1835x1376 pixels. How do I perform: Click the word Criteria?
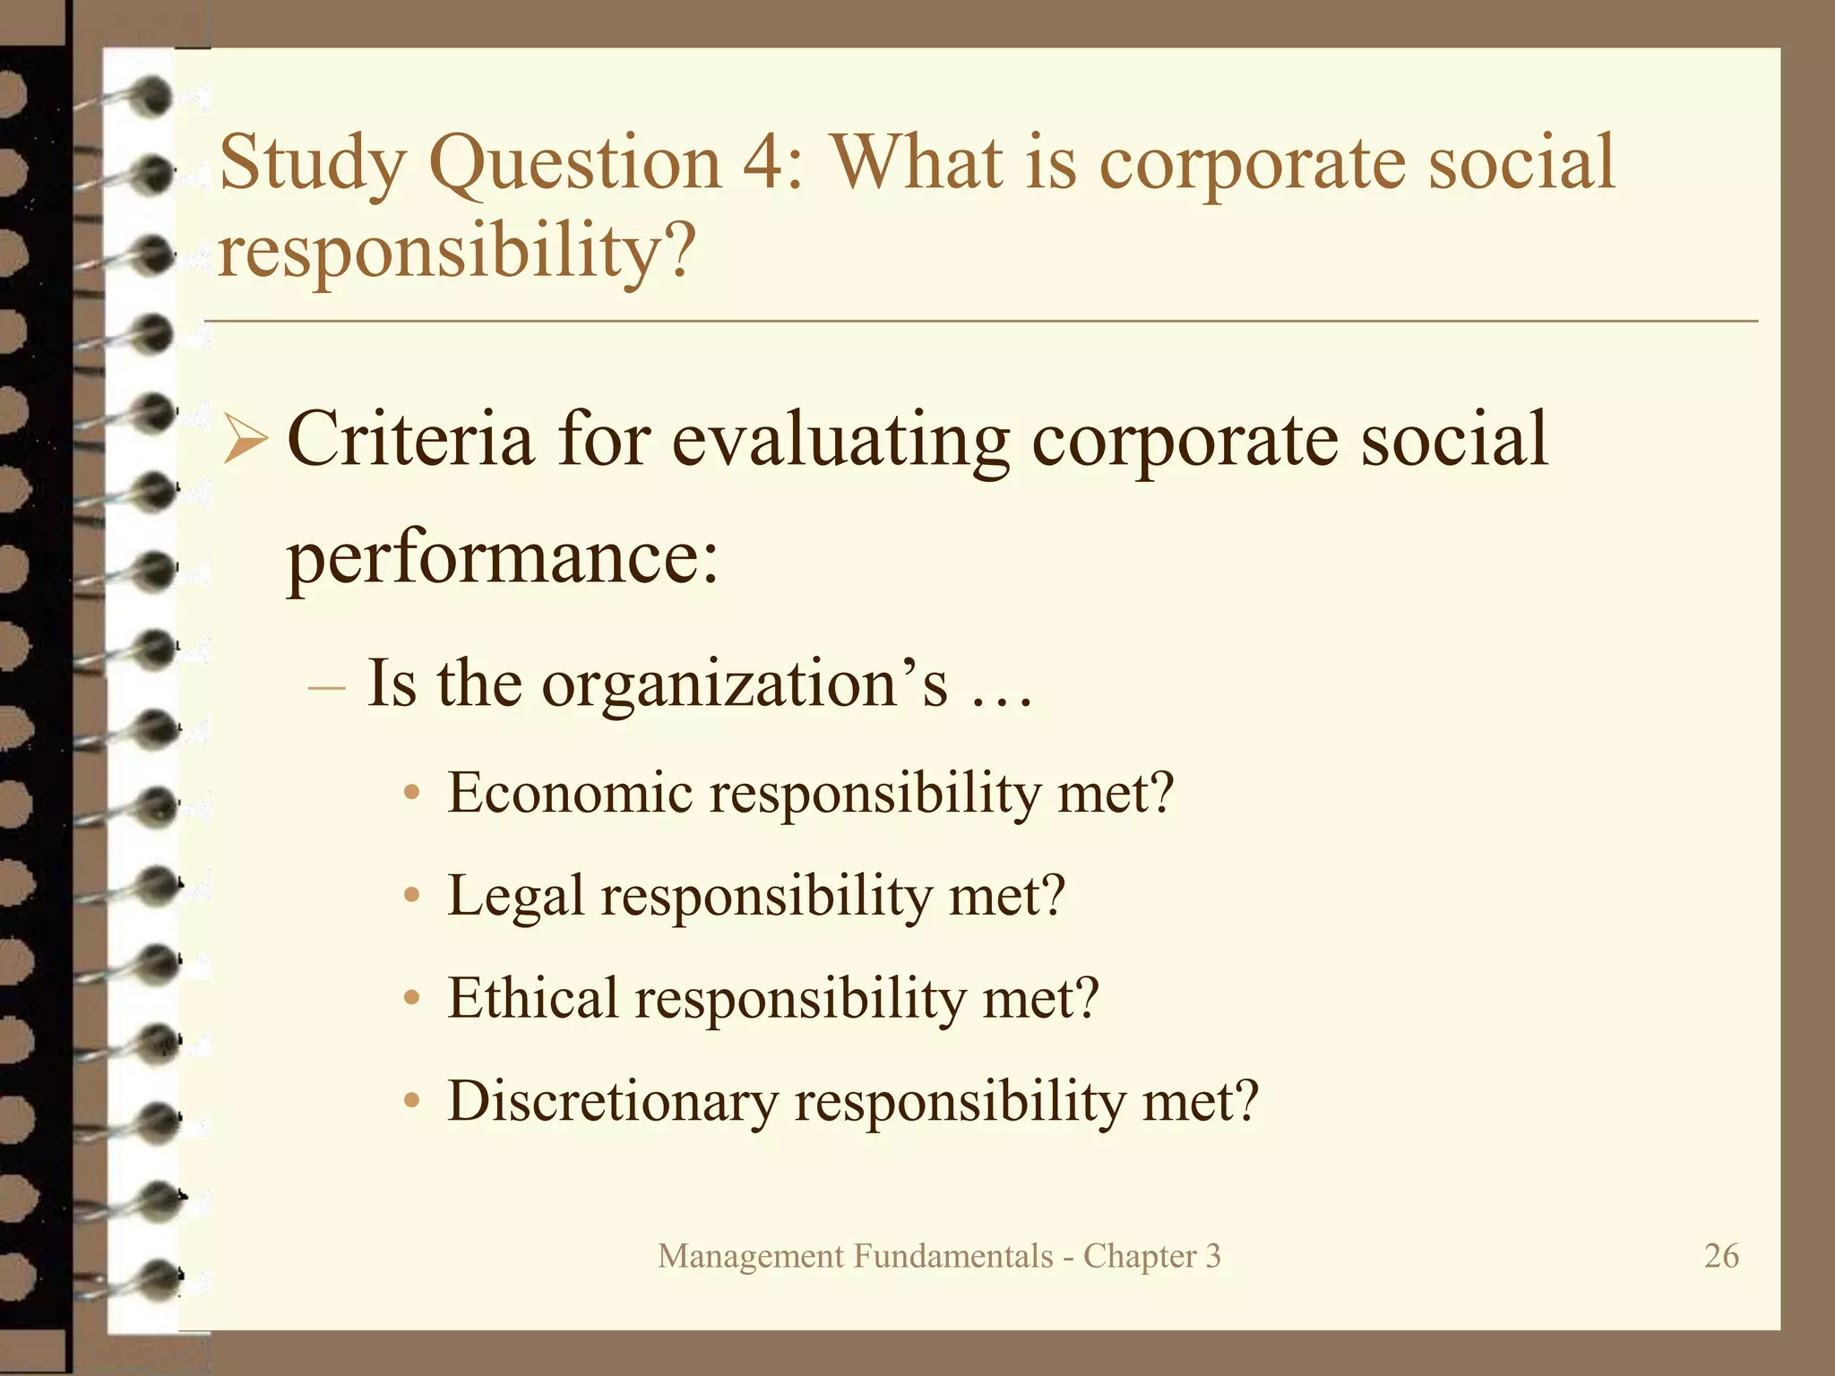410,439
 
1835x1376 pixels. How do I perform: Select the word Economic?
570,793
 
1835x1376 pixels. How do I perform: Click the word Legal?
515,896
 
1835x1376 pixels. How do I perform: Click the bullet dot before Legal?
411,896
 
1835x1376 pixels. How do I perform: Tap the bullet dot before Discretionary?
411,1101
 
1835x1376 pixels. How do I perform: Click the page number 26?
1721,1256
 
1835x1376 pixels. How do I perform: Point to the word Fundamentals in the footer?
952,1256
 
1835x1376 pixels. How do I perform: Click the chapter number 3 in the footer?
1212,1256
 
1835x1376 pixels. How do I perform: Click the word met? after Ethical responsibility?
1040,998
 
